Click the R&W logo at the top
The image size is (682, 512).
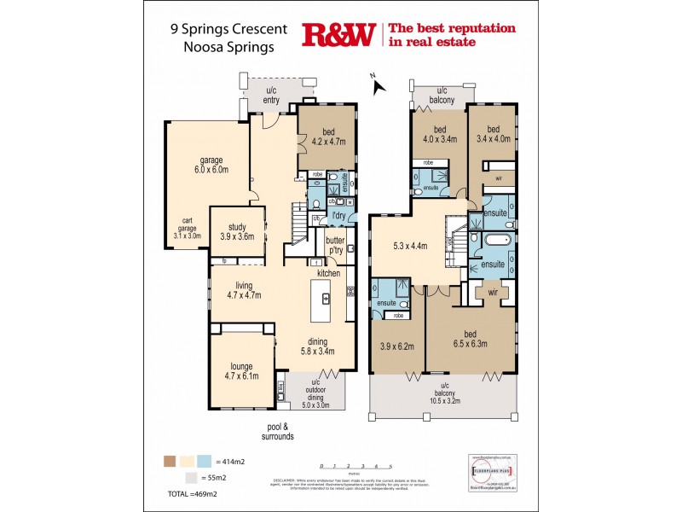338,35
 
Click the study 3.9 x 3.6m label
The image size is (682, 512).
237,231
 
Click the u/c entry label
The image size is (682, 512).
272,96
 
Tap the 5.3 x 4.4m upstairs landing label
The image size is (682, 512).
412,246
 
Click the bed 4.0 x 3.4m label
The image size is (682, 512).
440,134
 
